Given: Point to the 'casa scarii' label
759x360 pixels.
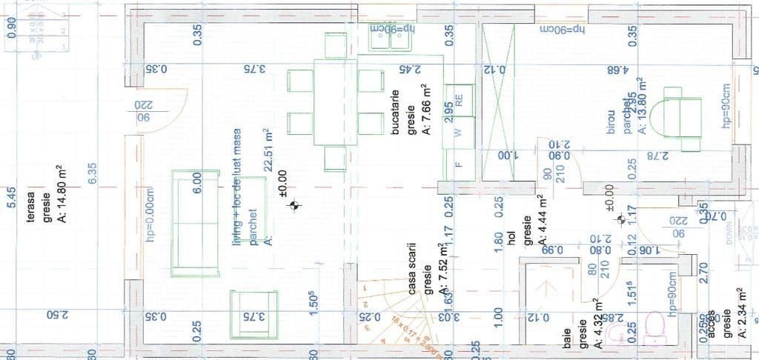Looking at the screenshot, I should [x=413, y=269].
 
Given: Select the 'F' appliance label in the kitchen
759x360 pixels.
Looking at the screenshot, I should [x=458, y=164].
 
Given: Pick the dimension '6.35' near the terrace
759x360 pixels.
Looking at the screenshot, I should [x=93, y=173].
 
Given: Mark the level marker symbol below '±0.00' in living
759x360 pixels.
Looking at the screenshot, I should [x=296, y=207].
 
